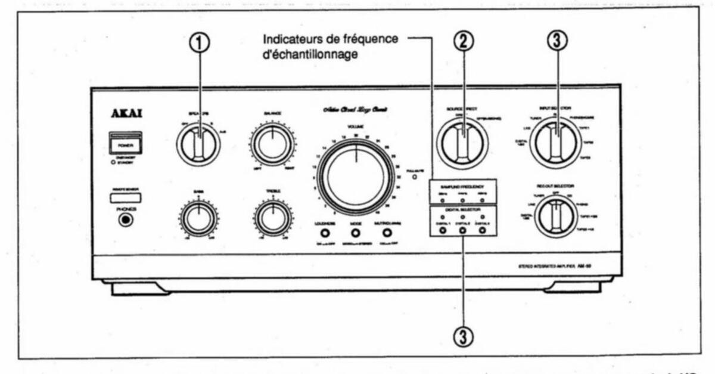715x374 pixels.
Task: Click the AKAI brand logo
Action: tap(126, 115)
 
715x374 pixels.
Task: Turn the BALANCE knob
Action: tap(272, 144)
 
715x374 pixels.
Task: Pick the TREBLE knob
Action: tap(272, 219)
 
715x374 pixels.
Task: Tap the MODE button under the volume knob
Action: tap(356, 233)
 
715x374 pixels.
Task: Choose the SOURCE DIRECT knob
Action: tap(462, 143)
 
